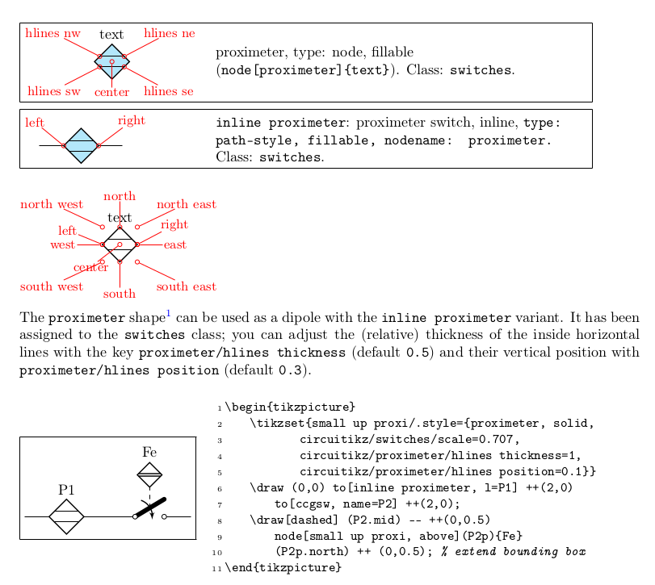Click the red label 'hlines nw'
pyautogui.click(x=52, y=33)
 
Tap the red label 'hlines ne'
pyautogui.click(x=170, y=33)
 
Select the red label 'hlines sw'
pyautogui.click(x=53, y=91)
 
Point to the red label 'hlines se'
pyautogui.click(x=169, y=91)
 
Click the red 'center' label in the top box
pyautogui.click(x=111, y=93)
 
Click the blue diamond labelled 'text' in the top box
pyautogui.click(x=111, y=61)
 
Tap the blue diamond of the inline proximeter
pyautogui.click(x=81, y=145)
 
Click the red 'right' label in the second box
pyautogui.click(x=131, y=121)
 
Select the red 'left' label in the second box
pyautogui.click(x=34, y=123)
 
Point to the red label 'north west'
pyautogui.click(x=52, y=204)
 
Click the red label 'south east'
pyautogui.click(x=186, y=286)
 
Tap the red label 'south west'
pyautogui.click(x=52, y=286)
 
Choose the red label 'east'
pyautogui.click(x=174, y=244)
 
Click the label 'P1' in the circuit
pyautogui.click(x=66, y=490)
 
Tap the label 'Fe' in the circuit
pyautogui.click(x=149, y=451)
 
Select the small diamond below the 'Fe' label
pyautogui.click(x=149, y=475)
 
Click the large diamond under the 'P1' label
pyautogui.click(x=66, y=516)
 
